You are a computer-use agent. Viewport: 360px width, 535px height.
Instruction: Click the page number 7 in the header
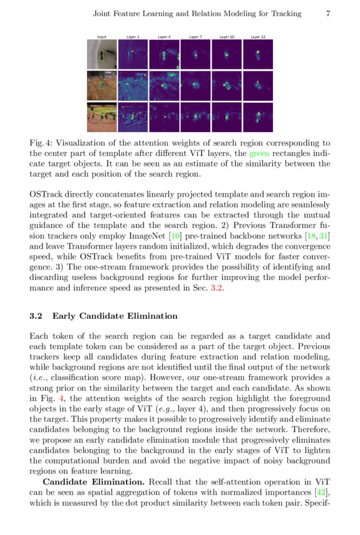coord(328,13)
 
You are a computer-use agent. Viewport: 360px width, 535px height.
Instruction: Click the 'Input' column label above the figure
coord(101,37)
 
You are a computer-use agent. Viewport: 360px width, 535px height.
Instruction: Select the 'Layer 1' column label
coord(133,37)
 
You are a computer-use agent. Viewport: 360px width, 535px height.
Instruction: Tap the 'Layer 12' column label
coord(258,37)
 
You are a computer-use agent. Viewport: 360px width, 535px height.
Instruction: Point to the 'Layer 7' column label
coord(195,37)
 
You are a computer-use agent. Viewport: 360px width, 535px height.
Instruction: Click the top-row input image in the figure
coord(101,55)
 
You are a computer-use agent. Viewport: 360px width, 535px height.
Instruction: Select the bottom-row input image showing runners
coord(101,117)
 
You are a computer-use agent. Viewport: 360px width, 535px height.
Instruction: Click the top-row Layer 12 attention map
coord(258,55)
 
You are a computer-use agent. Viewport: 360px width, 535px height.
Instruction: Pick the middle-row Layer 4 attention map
coord(164,86)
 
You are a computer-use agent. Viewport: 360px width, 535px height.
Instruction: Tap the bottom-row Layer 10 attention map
coord(227,117)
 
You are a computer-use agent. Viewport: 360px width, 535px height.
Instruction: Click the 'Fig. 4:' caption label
coord(41,143)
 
